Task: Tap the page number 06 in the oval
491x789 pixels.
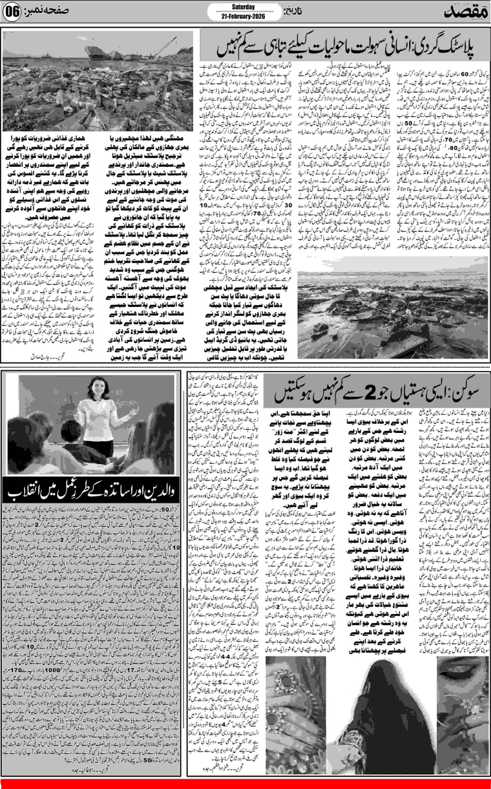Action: coord(15,12)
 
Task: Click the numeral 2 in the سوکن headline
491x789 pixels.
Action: coord(357,394)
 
